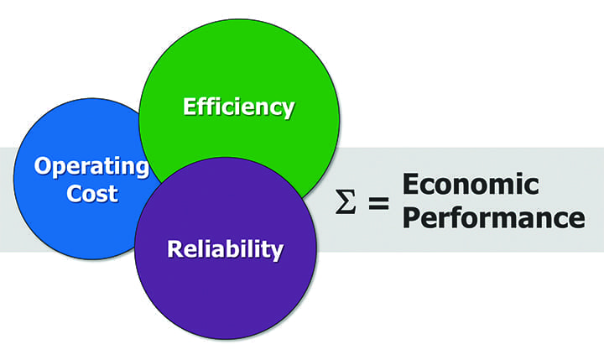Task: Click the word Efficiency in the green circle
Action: coord(239,107)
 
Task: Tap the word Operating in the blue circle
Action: coord(91,165)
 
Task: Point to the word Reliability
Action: coord(225,249)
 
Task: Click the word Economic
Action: coord(470,184)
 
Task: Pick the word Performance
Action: coord(492,217)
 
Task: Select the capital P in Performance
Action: coord(410,217)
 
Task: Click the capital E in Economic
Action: coord(410,184)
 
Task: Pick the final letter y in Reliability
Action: coord(277,253)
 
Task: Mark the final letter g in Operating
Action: coord(140,169)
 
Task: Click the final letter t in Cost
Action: coord(113,195)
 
